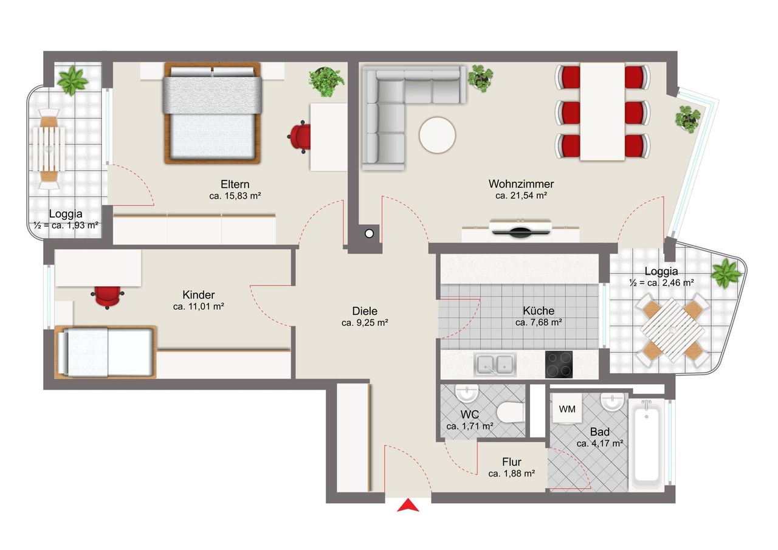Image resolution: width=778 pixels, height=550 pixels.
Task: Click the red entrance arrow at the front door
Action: click(408, 506)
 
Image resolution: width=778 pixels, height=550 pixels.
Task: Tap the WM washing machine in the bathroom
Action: click(567, 408)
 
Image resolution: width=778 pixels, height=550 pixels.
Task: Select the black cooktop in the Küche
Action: click(559, 364)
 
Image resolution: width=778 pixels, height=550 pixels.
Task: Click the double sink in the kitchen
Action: click(495, 365)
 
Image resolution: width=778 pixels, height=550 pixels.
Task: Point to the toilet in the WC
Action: click(511, 413)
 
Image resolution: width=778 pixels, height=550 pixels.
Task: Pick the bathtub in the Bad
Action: click(646, 444)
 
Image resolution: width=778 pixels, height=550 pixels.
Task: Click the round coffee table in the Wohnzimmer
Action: click(437, 135)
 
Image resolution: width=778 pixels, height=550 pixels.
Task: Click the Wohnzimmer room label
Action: click(521, 184)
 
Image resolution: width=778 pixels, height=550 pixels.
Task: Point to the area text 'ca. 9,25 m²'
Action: click(365, 323)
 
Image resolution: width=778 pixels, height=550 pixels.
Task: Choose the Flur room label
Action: click(512, 462)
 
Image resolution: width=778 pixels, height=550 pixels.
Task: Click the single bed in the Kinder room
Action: click(106, 352)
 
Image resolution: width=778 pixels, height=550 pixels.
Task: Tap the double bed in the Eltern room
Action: click(213, 113)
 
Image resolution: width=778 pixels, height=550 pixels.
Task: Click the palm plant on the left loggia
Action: click(72, 81)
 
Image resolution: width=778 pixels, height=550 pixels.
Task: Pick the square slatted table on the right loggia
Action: click(672, 330)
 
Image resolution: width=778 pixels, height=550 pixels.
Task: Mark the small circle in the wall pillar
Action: click(369, 234)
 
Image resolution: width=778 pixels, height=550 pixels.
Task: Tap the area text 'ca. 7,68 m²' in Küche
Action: click(539, 323)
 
